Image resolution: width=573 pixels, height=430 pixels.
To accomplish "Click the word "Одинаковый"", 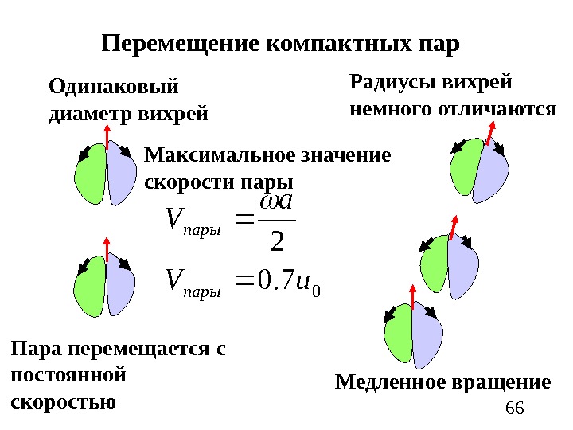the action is tap(114, 86).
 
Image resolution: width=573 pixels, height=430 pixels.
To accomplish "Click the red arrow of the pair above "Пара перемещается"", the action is tap(106, 249).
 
